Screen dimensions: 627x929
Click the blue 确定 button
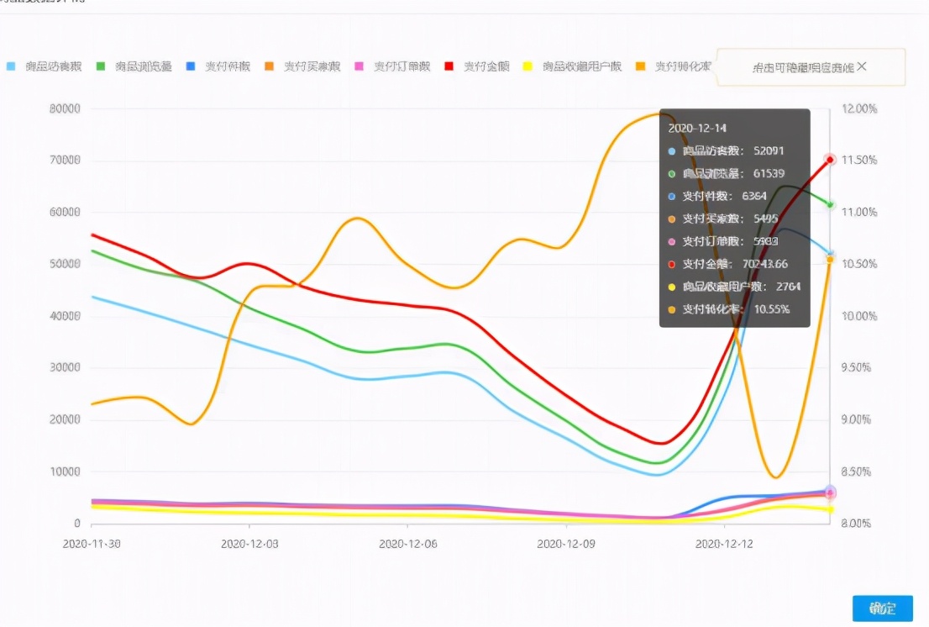click(882, 609)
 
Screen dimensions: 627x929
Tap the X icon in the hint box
click(862, 66)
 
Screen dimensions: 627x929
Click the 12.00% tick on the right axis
click(858, 108)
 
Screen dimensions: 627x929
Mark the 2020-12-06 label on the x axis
click(407, 544)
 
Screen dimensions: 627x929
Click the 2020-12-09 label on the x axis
click(565, 544)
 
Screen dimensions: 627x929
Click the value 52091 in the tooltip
click(769, 151)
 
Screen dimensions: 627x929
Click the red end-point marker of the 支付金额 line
click(830, 160)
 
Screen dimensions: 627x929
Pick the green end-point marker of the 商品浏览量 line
click(830, 204)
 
